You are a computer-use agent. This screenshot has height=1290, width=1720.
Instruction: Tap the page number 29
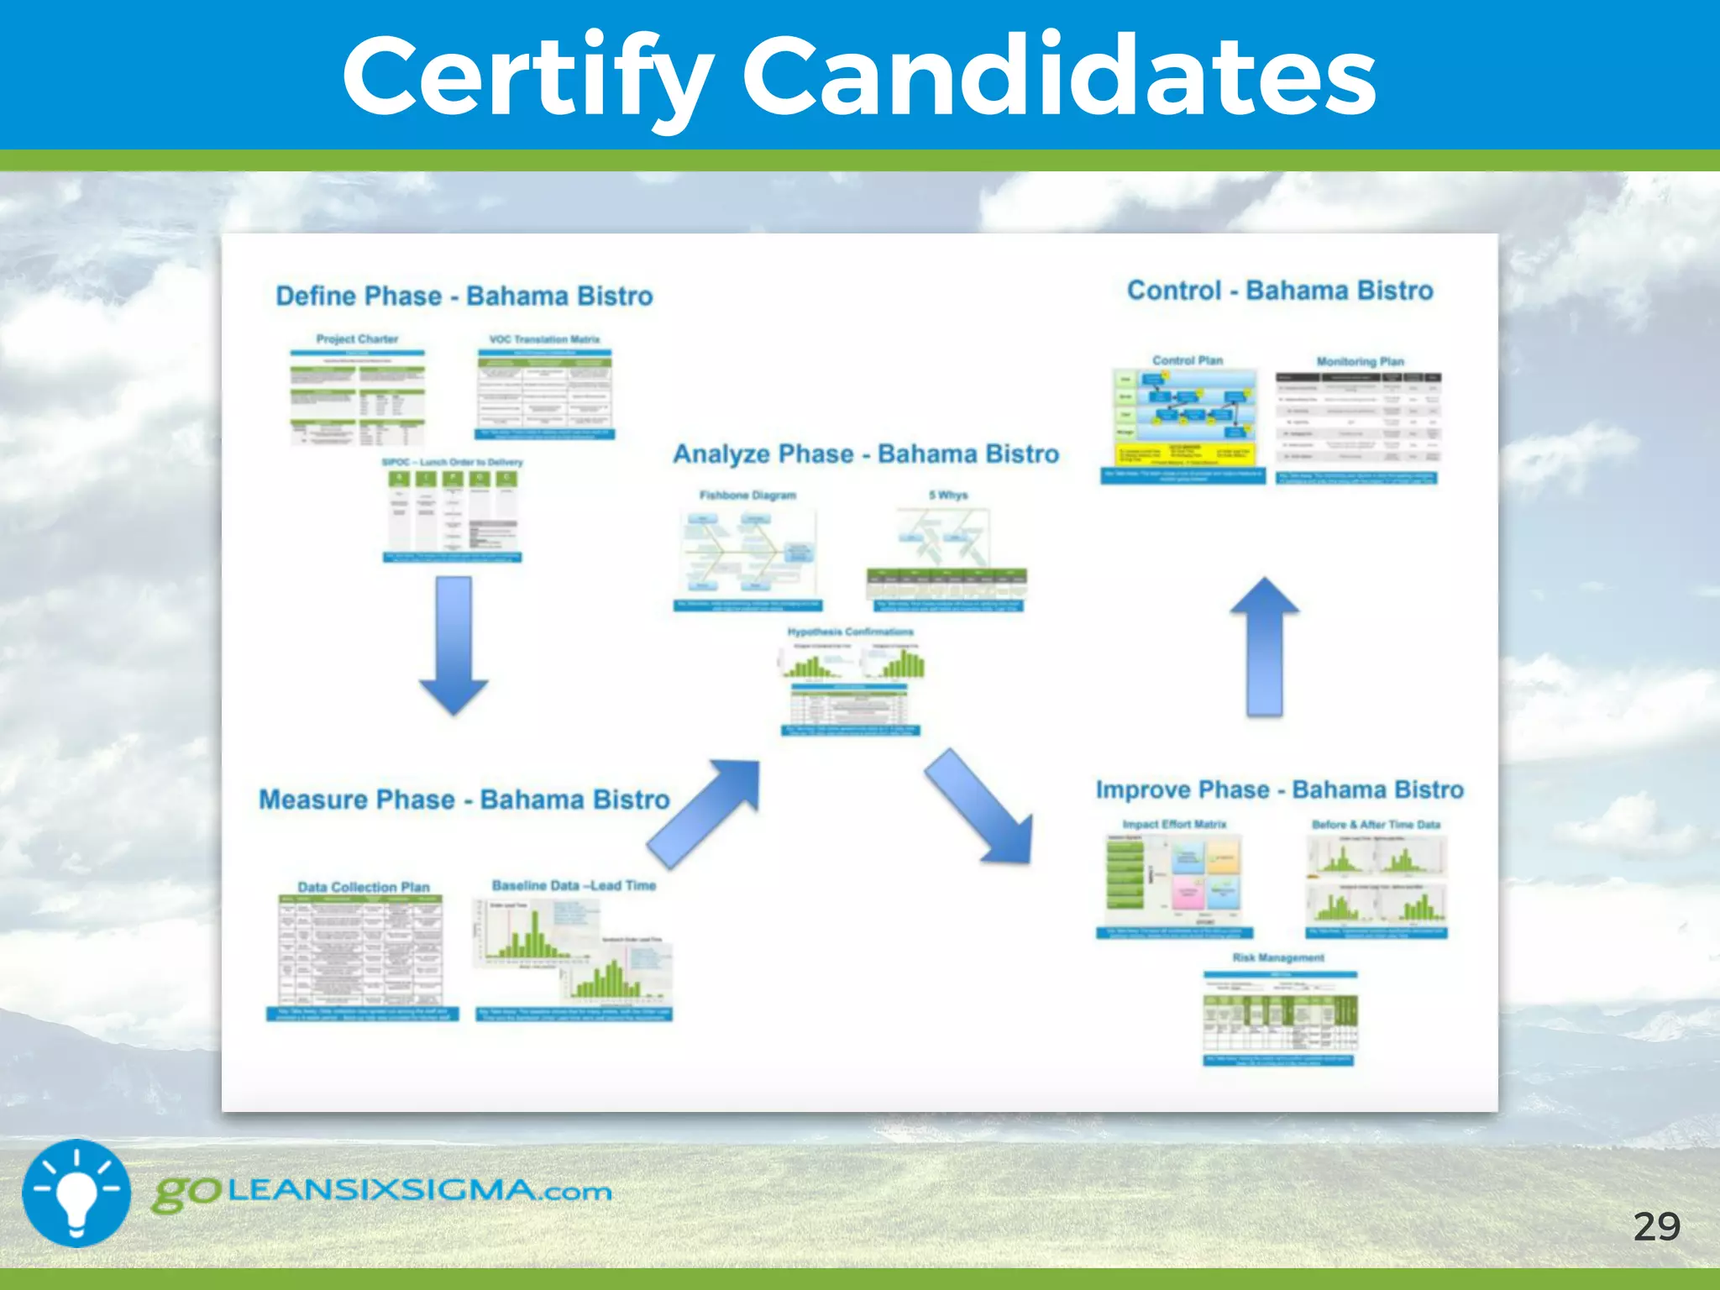pos(1656,1227)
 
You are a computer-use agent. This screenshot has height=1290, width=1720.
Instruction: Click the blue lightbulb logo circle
pos(76,1193)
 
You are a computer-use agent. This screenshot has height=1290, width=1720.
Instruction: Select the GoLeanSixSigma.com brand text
pos(382,1192)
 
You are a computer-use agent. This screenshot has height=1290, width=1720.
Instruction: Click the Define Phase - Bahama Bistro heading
pos(464,296)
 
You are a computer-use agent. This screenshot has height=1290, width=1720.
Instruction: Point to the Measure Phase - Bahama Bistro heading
pos(464,800)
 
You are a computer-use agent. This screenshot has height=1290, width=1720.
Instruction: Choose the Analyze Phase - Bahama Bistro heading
pos(865,454)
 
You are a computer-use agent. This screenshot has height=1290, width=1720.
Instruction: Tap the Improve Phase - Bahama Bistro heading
pos(1279,790)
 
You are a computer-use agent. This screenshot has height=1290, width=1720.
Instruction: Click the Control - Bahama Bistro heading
pos(1279,291)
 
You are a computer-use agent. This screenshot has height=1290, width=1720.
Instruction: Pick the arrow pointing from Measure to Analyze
pos(705,811)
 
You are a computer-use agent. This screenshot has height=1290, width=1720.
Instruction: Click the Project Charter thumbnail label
pos(357,339)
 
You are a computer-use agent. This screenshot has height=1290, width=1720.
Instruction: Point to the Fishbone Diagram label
pos(747,496)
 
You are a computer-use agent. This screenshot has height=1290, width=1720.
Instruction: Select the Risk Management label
pos(1278,957)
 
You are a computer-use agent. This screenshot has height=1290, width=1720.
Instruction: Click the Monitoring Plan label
pos(1360,362)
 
